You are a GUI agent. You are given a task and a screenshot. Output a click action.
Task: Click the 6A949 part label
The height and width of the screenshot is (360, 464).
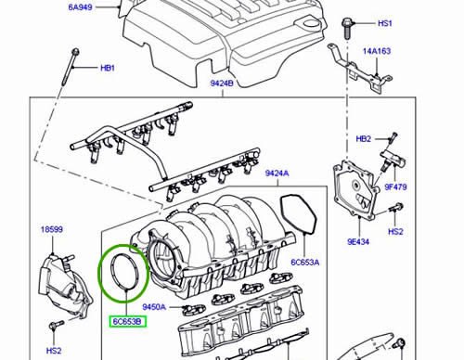pos(80,7)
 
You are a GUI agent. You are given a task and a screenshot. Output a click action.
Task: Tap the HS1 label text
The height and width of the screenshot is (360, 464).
pos(385,23)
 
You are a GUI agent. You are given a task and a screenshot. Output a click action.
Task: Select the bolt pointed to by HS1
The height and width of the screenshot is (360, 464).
pos(347,29)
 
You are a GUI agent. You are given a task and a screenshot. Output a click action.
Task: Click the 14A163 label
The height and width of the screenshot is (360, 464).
pos(377,51)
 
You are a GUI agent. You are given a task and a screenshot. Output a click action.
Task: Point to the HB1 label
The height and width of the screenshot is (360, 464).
pos(108,68)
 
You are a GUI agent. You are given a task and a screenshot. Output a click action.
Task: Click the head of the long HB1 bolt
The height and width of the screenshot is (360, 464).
pos(75,51)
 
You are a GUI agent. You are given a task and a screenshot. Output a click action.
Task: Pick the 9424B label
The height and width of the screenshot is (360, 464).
pos(222,84)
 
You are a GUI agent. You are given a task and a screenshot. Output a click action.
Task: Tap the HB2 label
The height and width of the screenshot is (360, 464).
pos(363,139)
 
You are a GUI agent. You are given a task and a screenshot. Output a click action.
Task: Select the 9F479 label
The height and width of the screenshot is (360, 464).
pos(395,186)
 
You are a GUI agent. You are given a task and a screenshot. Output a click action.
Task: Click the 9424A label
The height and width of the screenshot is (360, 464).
pos(277,174)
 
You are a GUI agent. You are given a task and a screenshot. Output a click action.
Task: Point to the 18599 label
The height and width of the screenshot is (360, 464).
pos(52,229)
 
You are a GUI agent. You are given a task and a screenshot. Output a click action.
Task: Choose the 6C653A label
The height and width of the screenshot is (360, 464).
pos(305,263)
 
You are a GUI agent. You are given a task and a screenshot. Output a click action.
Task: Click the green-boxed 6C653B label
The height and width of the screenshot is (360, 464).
pos(127,322)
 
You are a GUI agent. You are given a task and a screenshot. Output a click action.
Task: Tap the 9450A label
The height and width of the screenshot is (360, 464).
pos(154,307)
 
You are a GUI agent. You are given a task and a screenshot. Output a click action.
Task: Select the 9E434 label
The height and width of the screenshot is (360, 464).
pos(358,241)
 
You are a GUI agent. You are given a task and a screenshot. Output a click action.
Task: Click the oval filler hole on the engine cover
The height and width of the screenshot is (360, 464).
pos(309,23)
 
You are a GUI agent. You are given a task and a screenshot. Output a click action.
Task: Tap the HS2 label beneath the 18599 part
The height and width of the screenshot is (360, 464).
pos(54,351)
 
